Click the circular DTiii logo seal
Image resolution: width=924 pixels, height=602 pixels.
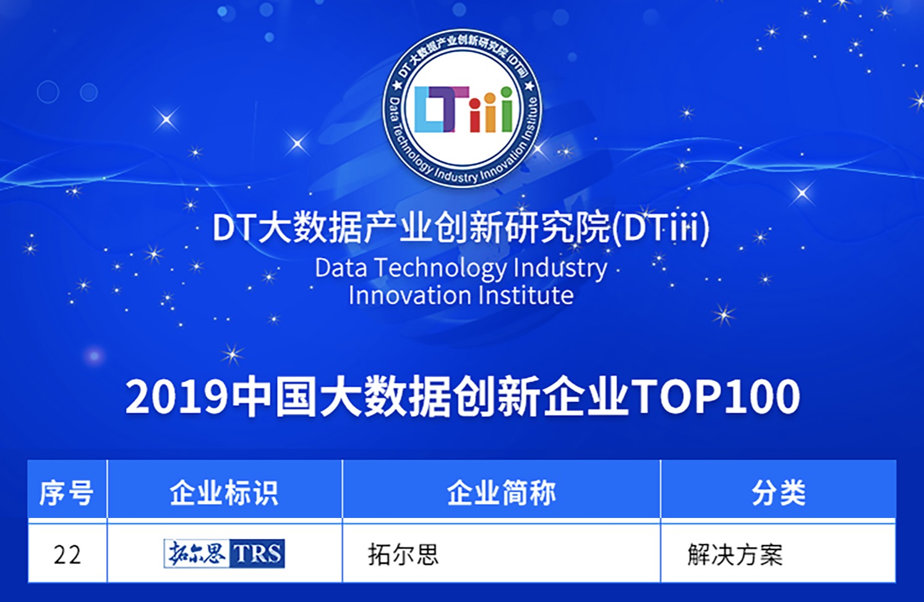[x=463, y=108]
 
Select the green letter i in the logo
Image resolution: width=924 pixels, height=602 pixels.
[x=506, y=109]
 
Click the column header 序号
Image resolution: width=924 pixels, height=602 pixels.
[x=66, y=493]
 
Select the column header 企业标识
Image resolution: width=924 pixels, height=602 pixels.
[x=224, y=493]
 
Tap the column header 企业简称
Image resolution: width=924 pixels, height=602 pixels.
[x=501, y=493]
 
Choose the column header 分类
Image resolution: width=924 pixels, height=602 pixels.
[x=779, y=493]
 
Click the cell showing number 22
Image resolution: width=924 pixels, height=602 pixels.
[x=67, y=554]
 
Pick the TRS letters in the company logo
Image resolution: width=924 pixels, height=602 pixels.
[x=257, y=553]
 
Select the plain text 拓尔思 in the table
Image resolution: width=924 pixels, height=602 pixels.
[x=403, y=554]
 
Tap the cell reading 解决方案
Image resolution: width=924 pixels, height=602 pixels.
[x=735, y=554]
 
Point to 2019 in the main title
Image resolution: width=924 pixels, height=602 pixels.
[x=176, y=396]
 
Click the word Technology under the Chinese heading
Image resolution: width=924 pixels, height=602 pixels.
[x=440, y=269]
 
